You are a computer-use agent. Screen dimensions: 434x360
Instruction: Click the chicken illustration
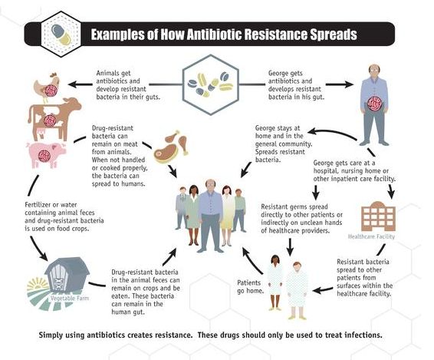[x=47, y=86]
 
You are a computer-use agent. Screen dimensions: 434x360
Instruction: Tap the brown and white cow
[x=54, y=119]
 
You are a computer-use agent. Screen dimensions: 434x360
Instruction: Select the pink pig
[x=46, y=154]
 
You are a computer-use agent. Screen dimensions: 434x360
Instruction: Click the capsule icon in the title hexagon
[x=61, y=35]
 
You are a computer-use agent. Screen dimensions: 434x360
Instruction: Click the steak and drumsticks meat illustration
[x=171, y=147]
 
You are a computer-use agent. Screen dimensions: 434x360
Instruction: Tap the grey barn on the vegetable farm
[x=67, y=274]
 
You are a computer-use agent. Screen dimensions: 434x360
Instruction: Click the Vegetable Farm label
[x=70, y=298]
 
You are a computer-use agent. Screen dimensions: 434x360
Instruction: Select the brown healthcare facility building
[x=378, y=216]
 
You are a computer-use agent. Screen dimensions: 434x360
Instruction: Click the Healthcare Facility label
[x=371, y=236]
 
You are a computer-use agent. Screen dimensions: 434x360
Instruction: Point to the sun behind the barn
[x=38, y=283]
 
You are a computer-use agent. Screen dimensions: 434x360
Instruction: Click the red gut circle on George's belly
[x=374, y=104]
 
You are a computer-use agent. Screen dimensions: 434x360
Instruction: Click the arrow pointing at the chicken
[x=81, y=84]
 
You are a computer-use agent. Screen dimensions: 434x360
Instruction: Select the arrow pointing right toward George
[x=340, y=84]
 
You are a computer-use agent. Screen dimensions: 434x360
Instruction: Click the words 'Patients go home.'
[x=250, y=287]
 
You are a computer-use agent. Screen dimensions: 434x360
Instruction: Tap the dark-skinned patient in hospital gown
[x=275, y=282]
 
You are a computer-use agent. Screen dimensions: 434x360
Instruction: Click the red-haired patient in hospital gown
[x=297, y=290]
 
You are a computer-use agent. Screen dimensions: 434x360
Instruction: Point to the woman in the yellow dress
[x=228, y=216]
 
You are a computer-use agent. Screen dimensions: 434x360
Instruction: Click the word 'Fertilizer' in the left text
[x=38, y=205]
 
